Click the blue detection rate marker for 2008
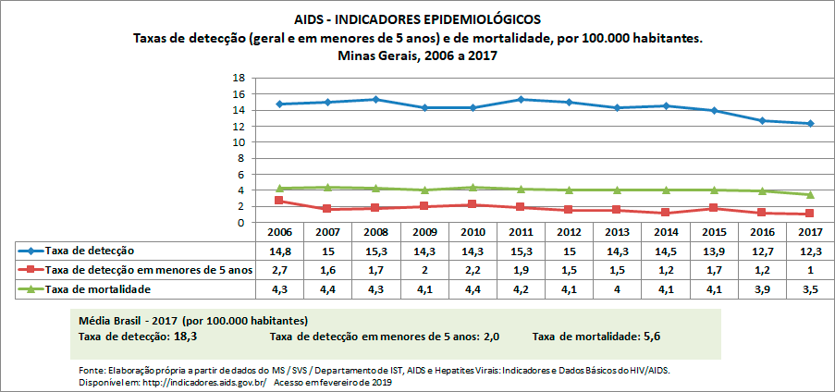[375, 99]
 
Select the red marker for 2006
[279, 201]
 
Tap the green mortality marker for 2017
[810, 194]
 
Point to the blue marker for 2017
[810, 124]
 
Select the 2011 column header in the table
[521, 231]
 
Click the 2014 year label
[665, 231]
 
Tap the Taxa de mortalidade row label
[100, 289]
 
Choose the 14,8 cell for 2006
[279, 251]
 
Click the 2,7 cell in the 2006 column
[279, 270]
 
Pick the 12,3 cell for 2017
[810, 251]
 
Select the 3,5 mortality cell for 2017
[810, 289]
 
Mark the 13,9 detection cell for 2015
[713, 251]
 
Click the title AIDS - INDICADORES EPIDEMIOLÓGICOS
[417, 18]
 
